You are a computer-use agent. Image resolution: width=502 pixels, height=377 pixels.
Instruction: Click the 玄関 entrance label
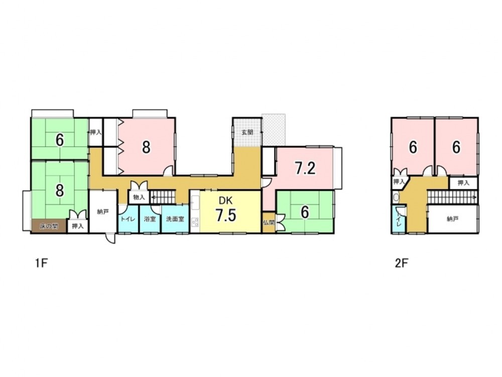[247, 133]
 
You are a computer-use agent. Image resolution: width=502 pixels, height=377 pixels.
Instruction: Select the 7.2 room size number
[305, 169]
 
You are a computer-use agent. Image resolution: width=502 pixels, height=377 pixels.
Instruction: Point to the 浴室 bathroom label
[150, 219]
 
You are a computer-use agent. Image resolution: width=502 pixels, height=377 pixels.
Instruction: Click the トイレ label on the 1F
[127, 219]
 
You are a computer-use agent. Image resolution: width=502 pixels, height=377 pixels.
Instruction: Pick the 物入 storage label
[139, 198]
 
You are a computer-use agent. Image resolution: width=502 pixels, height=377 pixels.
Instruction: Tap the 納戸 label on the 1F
[103, 212]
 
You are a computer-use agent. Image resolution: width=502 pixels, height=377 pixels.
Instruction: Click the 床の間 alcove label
[49, 226]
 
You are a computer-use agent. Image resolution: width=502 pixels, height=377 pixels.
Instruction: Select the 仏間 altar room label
[269, 223]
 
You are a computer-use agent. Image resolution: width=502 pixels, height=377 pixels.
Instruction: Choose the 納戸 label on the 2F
[453, 219]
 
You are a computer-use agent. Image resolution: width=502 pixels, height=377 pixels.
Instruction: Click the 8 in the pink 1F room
[146, 147]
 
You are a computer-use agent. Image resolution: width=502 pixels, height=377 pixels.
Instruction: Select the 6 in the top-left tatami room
[60, 140]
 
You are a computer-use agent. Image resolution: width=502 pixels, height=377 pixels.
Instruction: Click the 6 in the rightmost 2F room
[456, 147]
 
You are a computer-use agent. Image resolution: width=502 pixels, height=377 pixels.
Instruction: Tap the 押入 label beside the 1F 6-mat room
[95, 133]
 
